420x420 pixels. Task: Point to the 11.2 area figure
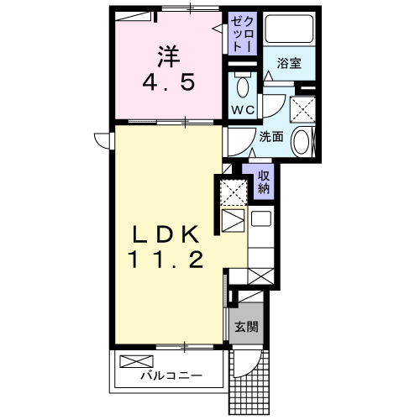tap(166, 260)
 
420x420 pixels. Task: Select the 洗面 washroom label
tap(270, 137)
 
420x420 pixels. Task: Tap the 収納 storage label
tap(264, 180)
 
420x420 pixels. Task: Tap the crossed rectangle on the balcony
tap(134, 362)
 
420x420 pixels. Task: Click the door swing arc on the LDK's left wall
tap(102, 139)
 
